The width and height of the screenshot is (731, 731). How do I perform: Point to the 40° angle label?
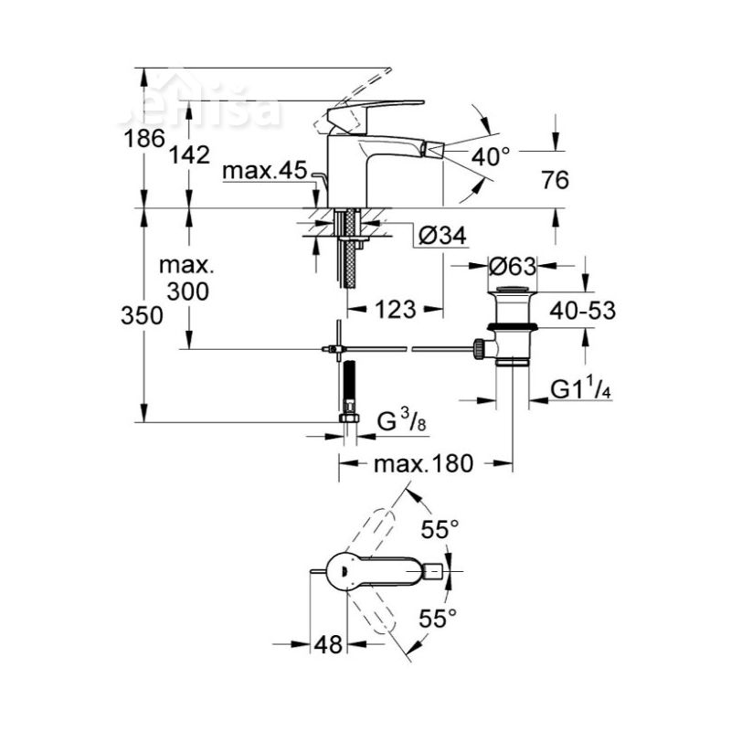coord(491,156)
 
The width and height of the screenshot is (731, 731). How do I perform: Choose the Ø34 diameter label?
coord(441,236)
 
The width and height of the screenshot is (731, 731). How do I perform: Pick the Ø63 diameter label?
coord(511,267)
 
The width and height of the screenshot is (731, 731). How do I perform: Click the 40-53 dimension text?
coord(582,310)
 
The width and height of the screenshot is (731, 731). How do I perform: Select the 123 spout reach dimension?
coord(395,310)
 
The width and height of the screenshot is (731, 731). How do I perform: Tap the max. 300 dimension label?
coord(186,279)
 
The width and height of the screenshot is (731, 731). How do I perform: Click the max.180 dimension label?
coord(423,463)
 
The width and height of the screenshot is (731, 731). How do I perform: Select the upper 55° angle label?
coord(439,528)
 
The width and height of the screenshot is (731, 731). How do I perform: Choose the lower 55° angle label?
coord(438,619)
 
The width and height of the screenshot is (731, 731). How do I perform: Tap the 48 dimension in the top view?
coord(328,643)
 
